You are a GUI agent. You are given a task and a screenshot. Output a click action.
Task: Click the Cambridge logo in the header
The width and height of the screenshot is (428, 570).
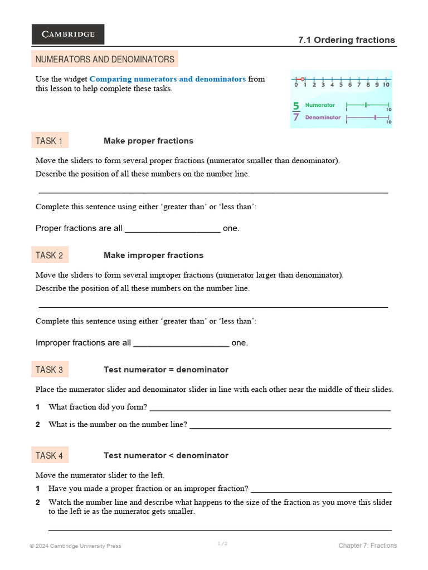pyautogui.click(x=67, y=34)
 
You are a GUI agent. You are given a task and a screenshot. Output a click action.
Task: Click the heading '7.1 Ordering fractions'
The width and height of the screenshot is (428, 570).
pyautogui.click(x=346, y=40)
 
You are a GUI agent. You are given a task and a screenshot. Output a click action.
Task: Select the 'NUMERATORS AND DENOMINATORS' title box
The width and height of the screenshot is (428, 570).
pyautogui.click(x=105, y=59)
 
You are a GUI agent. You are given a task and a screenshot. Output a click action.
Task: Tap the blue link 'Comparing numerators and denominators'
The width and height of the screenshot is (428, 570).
pyautogui.click(x=167, y=79)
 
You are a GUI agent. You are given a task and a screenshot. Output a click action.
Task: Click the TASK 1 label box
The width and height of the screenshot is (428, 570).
pyautogui.click(x=50, y=141)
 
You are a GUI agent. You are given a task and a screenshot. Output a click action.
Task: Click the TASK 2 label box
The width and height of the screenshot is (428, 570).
pyautogui.click(x=50, y=255)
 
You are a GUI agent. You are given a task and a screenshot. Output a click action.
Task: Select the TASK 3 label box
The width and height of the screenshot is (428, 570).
pyautogui.click(x=50, y=370)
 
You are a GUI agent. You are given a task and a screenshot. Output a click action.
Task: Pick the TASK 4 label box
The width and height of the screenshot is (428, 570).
pyautogui.click(x=50, y=456)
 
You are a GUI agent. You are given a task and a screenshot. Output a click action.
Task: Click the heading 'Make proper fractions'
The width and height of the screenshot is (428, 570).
pyautogui.click(x=148, y=141)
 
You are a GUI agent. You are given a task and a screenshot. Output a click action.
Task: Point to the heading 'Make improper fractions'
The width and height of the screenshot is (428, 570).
pyautogui.click(x=153, y=255)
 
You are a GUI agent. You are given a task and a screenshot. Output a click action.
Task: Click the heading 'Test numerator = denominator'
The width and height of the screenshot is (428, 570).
pyautogui.click(x=166, y=370)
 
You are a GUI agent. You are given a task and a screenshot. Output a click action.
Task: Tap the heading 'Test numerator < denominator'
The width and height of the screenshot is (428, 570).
pyautogui.click(x=166, y=456)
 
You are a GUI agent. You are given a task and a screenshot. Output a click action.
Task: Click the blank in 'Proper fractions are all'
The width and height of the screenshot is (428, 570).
pyautogui.click(x=172, y=229)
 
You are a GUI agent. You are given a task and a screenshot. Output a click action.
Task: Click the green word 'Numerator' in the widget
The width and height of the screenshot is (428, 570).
pyautogui.click(x=320, y=105)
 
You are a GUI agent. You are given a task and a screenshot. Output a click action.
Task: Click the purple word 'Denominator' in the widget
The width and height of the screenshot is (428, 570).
pyautogui.click(x=323, y=117)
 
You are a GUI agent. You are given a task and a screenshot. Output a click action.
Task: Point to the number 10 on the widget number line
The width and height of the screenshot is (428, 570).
pyautogui.click(x=386, y=85)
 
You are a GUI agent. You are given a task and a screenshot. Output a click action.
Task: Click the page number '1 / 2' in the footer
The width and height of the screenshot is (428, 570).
pyautogui.click(x=222, y=544)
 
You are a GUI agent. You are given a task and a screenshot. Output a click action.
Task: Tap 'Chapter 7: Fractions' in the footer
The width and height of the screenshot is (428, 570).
pyautogui.click(x=367, y=546)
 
